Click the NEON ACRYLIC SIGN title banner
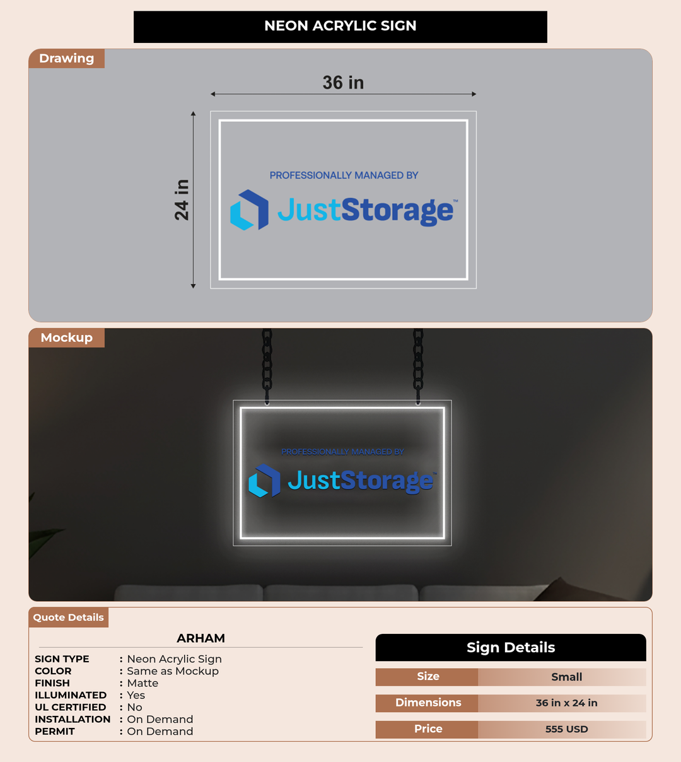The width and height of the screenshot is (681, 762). (x=340, y=26)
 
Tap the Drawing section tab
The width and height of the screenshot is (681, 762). (x=67, y=58)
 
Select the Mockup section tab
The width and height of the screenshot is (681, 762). (x=67, y=337)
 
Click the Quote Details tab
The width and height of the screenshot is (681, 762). (x=69, y=617)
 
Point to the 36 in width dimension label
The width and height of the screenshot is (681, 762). (x=343, y=83)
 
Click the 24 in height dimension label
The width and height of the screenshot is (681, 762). (x=182, y=200)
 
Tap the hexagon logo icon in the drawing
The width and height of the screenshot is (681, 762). (x=249, y=210)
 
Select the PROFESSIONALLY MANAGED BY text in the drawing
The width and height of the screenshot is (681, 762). (x=344, y=175)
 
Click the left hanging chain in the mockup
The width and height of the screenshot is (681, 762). (x=267, y=366)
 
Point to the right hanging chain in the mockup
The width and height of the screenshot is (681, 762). (x=418, y=366)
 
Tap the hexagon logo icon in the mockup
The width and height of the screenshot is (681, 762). (x=264, y=481)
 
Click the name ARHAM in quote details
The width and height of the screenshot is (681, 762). (x=201, y=638)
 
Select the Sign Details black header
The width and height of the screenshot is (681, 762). (x=511, y=647)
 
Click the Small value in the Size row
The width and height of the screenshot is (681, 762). (x=566, y=677)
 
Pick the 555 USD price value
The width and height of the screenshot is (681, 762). (x=566, y=729)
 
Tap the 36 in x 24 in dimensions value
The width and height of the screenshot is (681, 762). (x=566, y=703)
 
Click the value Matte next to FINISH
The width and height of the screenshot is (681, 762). (x=143, y=683)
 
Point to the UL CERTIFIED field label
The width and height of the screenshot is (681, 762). (x=71, y=707)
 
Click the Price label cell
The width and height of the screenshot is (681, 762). (x=428, y=729)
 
